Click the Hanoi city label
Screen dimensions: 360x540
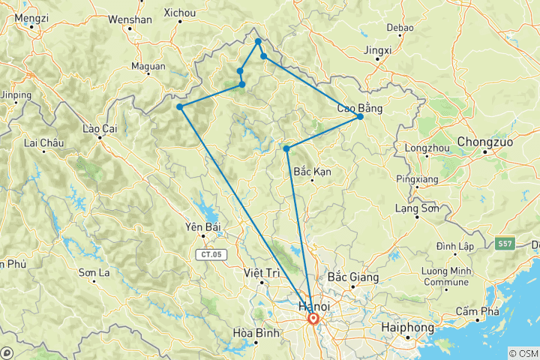pyautogui.click(x=314, y=307)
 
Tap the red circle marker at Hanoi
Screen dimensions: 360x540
pyautogui.click(x=313, y=319)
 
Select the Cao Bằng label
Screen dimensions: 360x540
pyautogui.click(x=359, y=108)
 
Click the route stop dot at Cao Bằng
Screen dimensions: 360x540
pyautogui.click(x=360, y=116)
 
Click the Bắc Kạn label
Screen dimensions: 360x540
pyautogui.click(x=312, y=172)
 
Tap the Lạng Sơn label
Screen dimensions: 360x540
pyautogui.click(x=416, y=209)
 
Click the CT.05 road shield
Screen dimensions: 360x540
pyautogui.click(x=211, y=255)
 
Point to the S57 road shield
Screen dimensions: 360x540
pyautogui.click(x=505, y=244)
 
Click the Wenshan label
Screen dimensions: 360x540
pyautogui.click(x=130, y=19)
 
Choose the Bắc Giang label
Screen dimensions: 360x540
pyautogui.click(x=352, y=277)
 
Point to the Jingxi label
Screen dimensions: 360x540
pyautogui.click(x=377, y=51)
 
